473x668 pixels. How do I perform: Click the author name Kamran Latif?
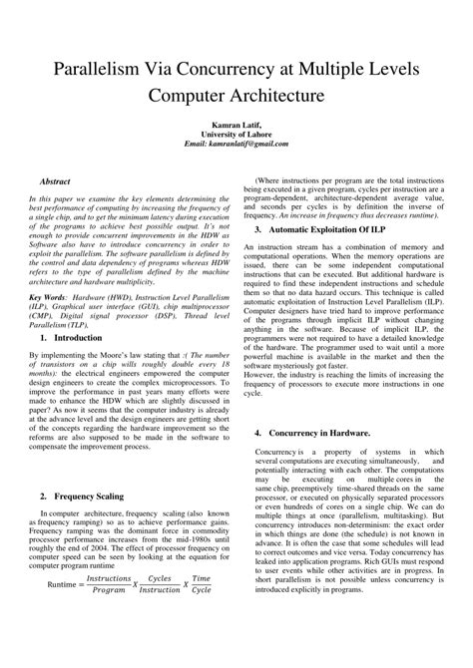tap(236, 123)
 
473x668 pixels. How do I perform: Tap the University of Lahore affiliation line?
tap(236, 134)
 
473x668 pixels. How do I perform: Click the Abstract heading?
tap(54, 181)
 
